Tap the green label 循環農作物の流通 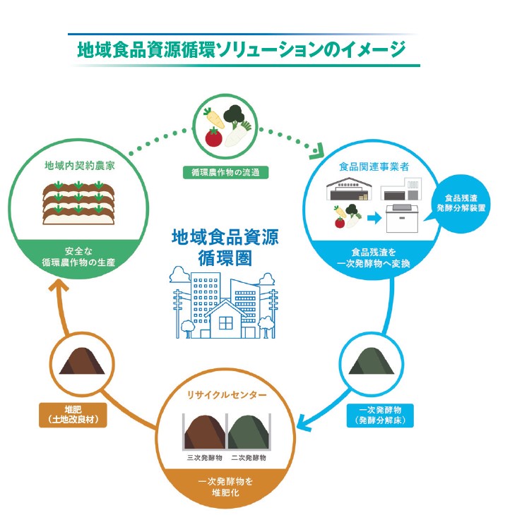click(x=224, y=171)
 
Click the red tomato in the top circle click(x=213, y=136)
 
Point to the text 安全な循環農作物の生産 click(x=78, y=257)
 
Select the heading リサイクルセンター click(x=225, y=394)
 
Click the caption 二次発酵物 click(x=249, y=457)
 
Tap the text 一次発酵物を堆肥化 click(x=225, y=487)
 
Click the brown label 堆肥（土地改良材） click(x=73, y=415)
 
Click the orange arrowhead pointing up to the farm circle click(x=58, y=285)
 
